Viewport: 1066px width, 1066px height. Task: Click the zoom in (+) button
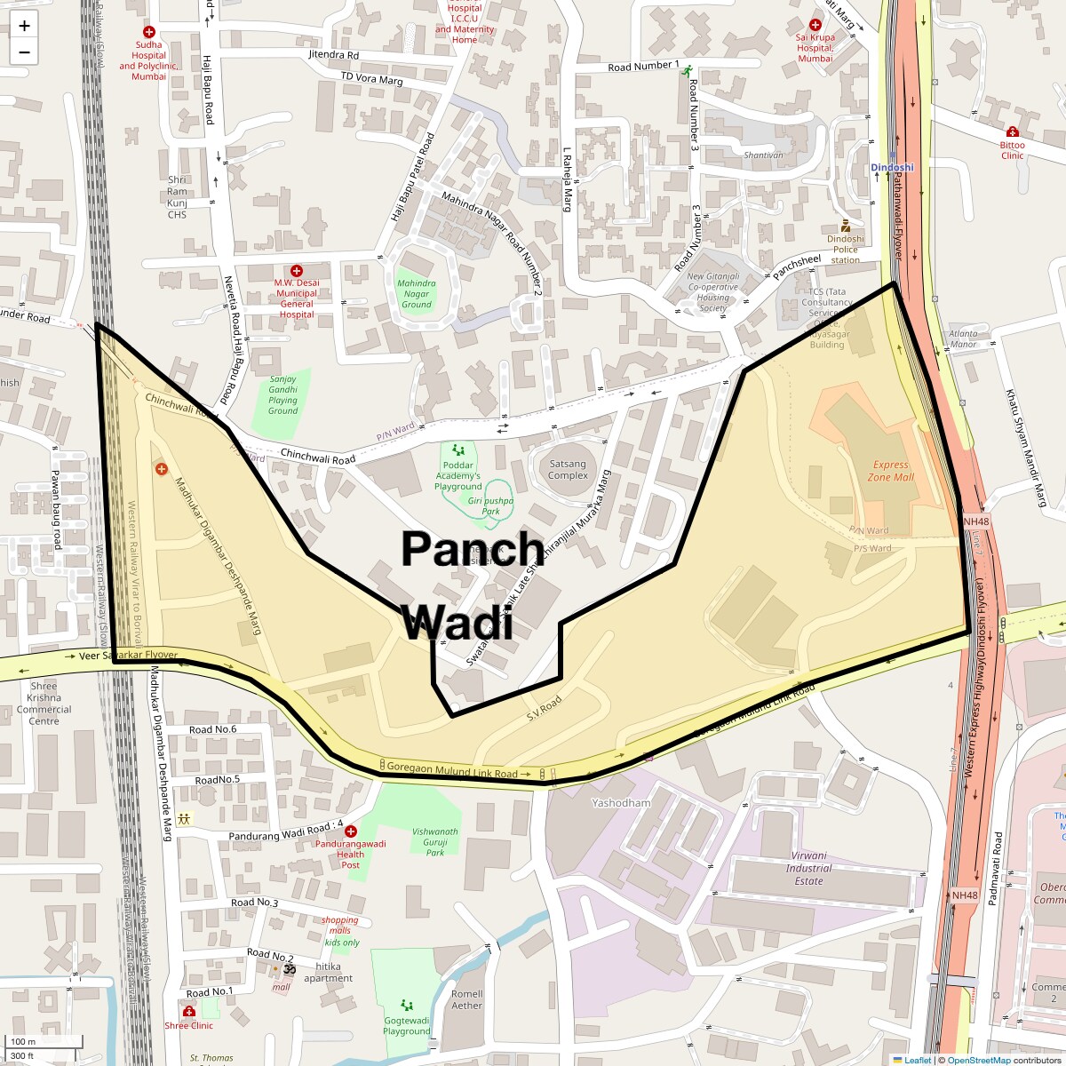tap(24, 26)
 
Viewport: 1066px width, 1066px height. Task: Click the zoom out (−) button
tap(24, 52)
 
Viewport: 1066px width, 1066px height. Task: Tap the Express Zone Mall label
tap(890, 470)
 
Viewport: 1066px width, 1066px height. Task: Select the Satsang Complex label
tap(568, 469)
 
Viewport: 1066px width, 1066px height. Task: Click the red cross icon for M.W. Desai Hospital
tap(297, 270)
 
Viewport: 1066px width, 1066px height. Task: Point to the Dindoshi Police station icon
tap(846, 227)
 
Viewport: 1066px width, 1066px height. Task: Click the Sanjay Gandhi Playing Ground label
tap(282, 394)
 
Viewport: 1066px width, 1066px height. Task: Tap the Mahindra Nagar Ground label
tap(417, 293)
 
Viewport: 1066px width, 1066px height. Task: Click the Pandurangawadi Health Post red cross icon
tap(351, 831)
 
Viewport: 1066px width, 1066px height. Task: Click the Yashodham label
tap(621, 803)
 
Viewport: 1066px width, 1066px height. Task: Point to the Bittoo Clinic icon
tap(1012, 131)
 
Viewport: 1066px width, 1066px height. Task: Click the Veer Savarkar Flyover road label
tap(129, 656)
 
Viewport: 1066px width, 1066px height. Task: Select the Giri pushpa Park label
tap(490, 505)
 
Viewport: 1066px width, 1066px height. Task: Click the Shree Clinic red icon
tap(188, 1012)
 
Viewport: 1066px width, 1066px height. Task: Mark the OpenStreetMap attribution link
tap(978, 1060)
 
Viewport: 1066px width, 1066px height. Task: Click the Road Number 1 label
tap(643, 67)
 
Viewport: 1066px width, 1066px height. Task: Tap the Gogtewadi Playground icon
tap(407, 1005)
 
